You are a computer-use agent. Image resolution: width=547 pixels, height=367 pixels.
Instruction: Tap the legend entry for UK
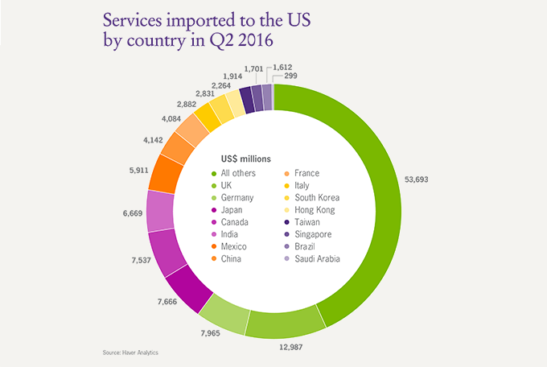(x=228, y=185)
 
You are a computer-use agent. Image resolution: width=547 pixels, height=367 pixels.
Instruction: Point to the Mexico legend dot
(x=213, y=246)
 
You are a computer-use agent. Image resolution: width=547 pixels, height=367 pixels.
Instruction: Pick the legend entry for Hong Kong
(x=315, y=209)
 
